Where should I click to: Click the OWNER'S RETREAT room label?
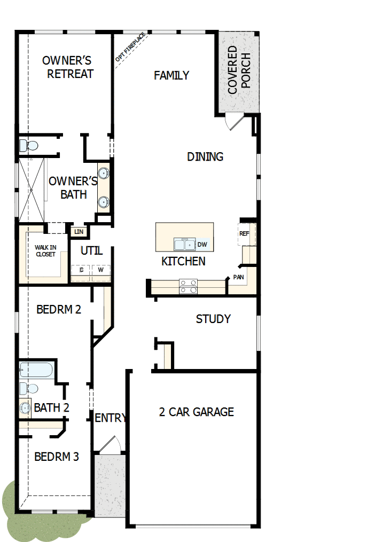[68, 67]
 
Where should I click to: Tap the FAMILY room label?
[171, 75]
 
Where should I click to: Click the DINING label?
[205, 156]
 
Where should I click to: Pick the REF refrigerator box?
[245, 234]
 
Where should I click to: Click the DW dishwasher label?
[202, 245]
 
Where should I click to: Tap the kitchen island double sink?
[184, 245]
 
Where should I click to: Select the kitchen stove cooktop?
[188, 287]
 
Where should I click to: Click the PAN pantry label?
[239, 277]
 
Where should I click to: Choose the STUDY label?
[213, 319]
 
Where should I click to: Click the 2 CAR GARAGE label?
[197, 412]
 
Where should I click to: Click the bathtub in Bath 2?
[36, 370]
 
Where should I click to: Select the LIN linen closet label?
[79, 231]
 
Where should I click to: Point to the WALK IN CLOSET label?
[45, 250]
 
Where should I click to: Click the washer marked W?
[100, 270]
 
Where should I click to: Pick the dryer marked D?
[81, 270]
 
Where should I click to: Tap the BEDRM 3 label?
[57, 457]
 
